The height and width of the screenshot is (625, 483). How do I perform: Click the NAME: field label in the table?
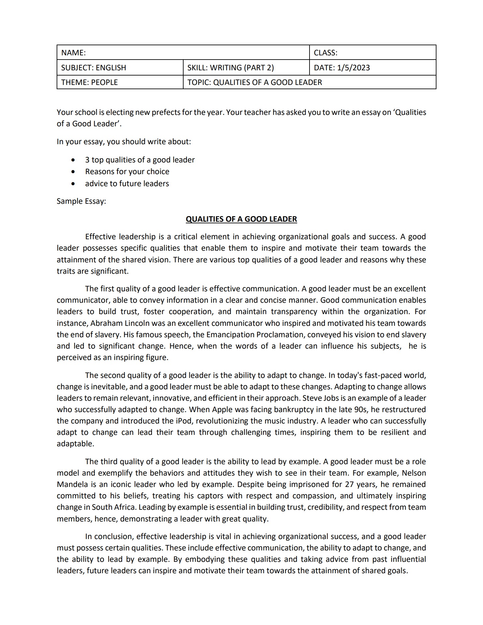[x=74, y=53]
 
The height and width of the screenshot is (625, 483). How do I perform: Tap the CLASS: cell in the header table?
[x=325, y=53]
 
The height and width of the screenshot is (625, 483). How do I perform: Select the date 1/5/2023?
[x=353, y=68]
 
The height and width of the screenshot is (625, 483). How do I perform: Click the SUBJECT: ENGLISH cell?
[x=94, y=68]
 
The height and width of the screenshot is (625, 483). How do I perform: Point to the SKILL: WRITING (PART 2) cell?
[x=230, y=68]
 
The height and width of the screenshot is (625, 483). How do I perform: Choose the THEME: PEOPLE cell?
[x=90, y=82]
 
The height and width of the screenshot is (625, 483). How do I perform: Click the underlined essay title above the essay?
[x=241, y=219]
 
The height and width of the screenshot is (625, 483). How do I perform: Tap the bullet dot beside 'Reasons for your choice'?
[x=74, y=172]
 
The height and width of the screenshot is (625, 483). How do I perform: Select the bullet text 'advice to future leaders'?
[x=127, y=184]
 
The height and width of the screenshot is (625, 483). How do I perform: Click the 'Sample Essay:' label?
[x=81, y=201]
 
